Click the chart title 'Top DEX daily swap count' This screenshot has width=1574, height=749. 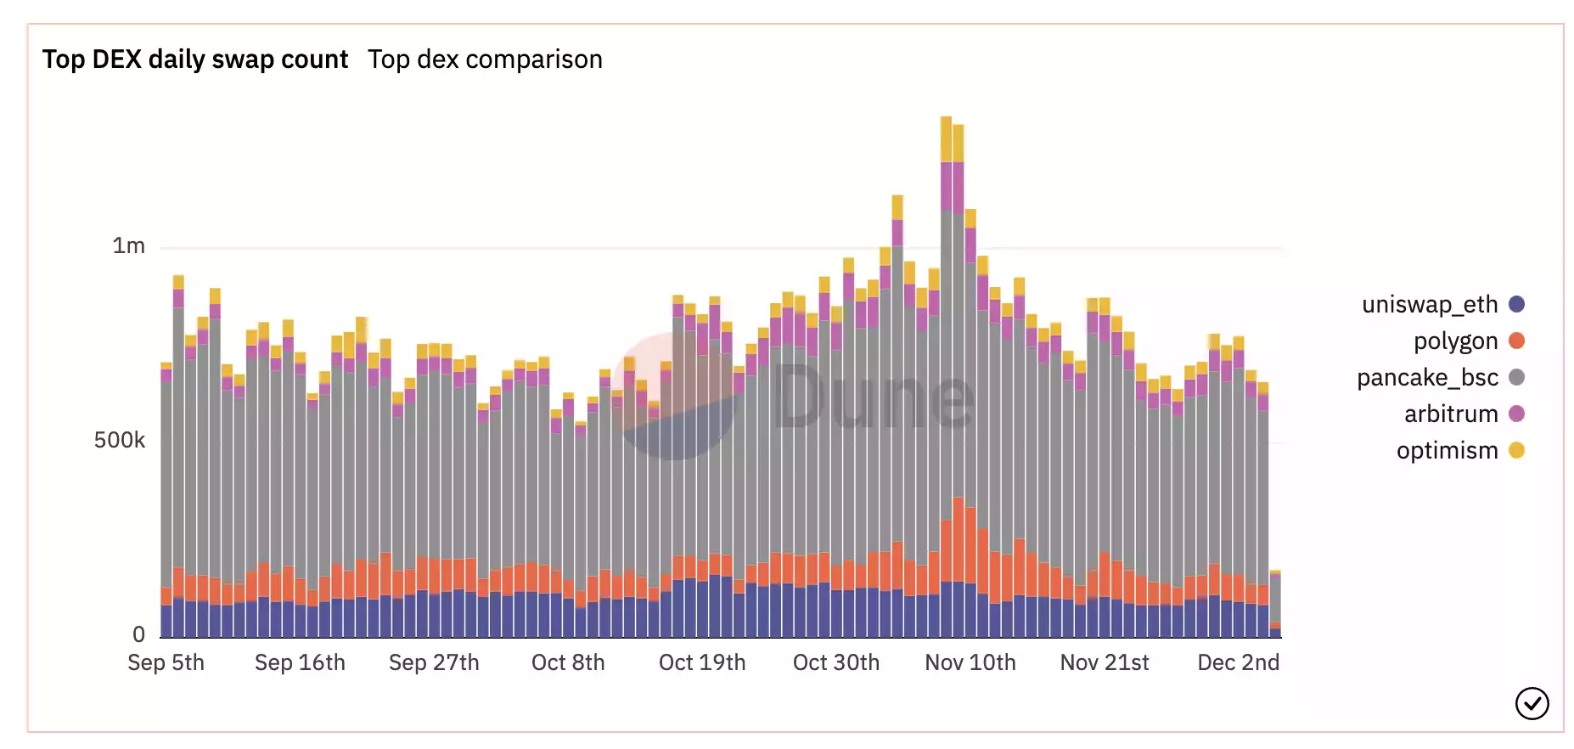(x=194, y=59)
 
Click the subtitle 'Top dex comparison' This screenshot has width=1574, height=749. (x=485, y=59)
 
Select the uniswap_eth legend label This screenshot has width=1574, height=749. (x=1430, y=304)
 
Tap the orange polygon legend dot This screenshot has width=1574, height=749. (x=1516, y=341)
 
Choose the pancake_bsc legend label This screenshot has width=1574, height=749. (x=1427, y=377)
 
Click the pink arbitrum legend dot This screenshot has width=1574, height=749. (x=1516, y=414)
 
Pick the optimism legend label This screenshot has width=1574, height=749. (x=1447, y=450)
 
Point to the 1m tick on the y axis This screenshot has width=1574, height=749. (x=129, y=246)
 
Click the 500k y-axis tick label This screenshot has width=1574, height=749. (x=120, y=440)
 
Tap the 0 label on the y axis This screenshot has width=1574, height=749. (x=138, y=634)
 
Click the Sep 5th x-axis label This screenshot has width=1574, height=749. (x=166, y=662)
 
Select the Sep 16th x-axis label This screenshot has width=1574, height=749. (x=300, y=662)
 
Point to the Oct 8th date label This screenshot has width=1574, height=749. (x=568, y=662)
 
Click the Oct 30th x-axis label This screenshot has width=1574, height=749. (x=836, y=662)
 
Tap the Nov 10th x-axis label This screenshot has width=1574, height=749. (x=970, y=662)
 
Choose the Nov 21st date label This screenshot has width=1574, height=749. (x=1105, y=662)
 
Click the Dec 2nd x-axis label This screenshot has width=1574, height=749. (x=1238, y=662)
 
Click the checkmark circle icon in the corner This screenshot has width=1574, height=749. (x=1532, y=703)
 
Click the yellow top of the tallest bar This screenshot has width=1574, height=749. (x=946, y=138)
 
